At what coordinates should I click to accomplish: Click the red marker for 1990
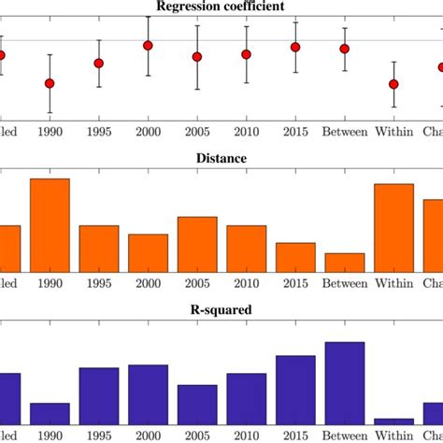click(x=50, y=83)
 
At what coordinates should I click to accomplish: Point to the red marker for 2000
click(x=148, y=45)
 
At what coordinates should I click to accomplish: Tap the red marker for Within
click(x=393, y=84)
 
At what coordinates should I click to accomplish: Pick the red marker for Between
click(x=344, y=49)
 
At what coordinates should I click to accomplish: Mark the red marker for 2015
click(x=295, y=47)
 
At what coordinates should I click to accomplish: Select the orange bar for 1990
click(x=50, y=225)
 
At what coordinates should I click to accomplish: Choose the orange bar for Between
click(x=344, y=263)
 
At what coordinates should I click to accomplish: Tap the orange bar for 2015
click(x=295, y=257)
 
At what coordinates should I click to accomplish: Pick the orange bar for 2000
click(x=148, y=252)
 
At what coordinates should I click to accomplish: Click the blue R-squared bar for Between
click(x=344, y=384)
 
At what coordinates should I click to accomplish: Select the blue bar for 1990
click(x=50, y=415)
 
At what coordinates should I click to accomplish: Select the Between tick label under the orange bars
click(x=344, y=283)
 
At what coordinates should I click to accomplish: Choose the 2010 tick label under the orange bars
click(x=246, y=283)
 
